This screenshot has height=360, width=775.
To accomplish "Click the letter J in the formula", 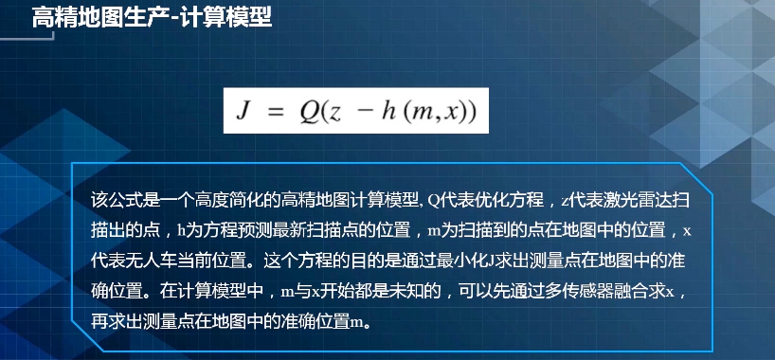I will click(x=246, y=113).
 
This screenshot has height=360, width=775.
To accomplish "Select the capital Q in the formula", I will click(x=310, y=113).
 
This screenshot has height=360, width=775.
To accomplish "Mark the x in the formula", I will click(x=451, y=115).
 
